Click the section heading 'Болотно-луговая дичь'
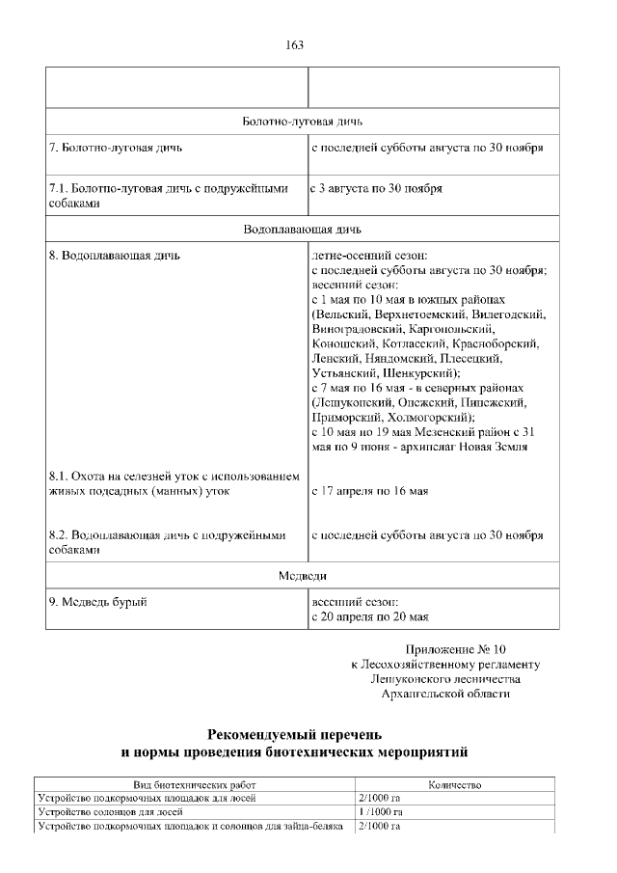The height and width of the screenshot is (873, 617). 302,122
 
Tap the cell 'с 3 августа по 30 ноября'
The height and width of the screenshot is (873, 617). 376,189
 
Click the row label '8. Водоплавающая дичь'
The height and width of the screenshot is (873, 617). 114,256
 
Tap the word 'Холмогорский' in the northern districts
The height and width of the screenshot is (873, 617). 431,417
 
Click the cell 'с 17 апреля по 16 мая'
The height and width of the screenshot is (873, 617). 369,491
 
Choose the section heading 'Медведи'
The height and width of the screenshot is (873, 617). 302,576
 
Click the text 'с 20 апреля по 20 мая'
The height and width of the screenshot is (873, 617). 370,615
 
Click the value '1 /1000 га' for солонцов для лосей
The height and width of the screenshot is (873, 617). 380,812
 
